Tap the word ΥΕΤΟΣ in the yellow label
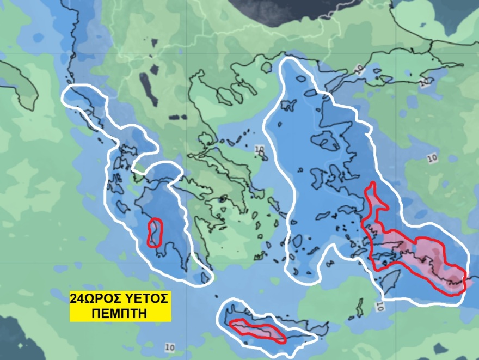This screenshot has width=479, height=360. tap(146, 298)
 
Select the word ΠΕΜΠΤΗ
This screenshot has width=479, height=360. tap(120, 313)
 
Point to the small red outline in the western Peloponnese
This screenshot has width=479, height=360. tap(155, 233)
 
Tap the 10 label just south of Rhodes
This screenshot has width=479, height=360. tap(379, 306)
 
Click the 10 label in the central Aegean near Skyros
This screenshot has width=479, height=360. tap(259, 148)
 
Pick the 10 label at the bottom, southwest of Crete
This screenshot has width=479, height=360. tap(169, 347)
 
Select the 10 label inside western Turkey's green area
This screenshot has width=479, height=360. tap(432, 158)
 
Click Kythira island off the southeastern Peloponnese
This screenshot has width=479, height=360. tap(205, 278)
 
